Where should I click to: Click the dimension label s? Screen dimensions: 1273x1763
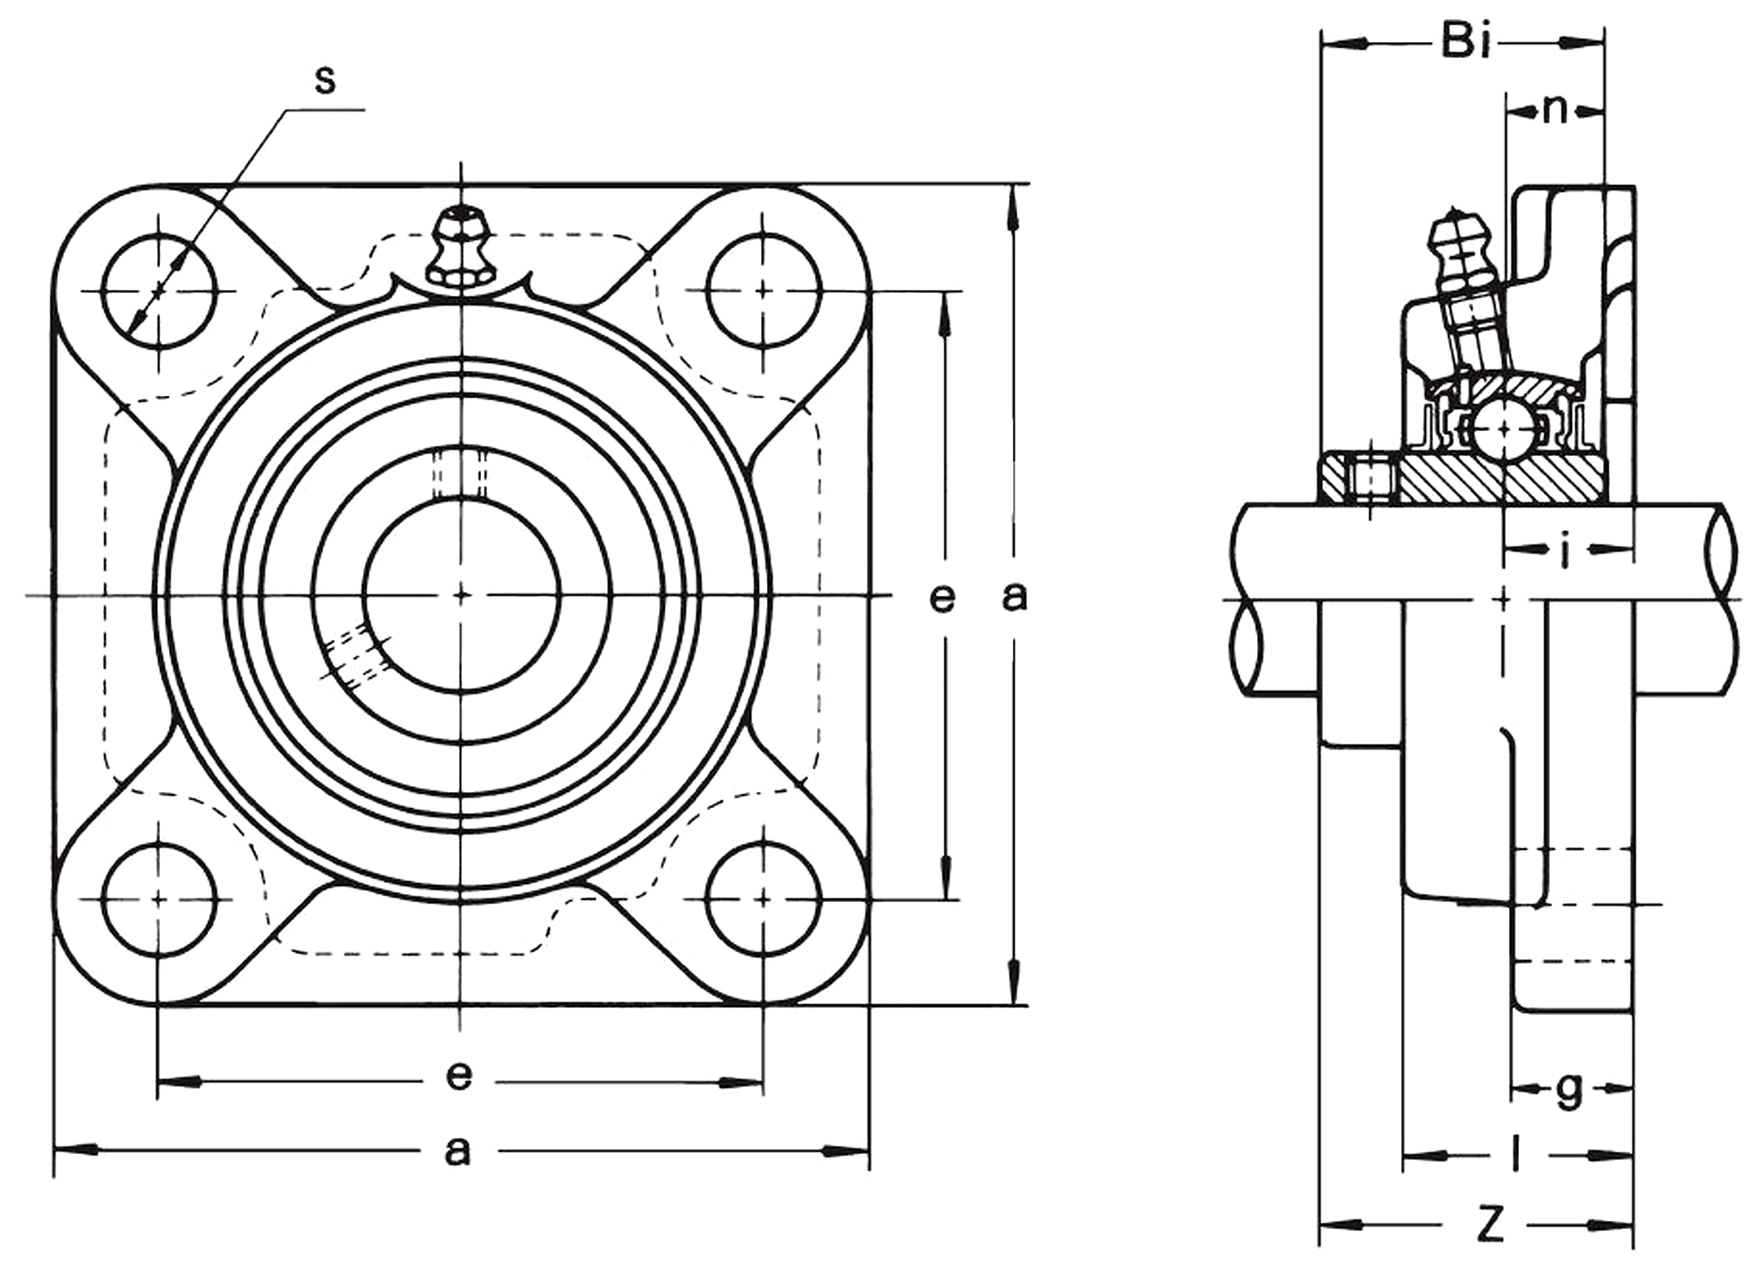coord(325,79)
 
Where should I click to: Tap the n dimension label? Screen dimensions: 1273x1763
coord(1554,110)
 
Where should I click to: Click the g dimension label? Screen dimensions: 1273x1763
coord(1570,1091)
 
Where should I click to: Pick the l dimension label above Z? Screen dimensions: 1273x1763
coord(1515,1175)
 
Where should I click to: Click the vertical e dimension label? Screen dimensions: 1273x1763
coord(942,598)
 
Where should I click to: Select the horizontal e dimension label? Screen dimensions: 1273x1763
coord(458,1075)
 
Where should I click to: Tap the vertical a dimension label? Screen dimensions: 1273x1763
coord(1014,596)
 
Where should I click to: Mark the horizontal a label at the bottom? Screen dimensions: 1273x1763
coord(458,1151)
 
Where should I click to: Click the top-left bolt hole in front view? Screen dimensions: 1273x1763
coord(159,292)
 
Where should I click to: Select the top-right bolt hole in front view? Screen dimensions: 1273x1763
coord(763,292)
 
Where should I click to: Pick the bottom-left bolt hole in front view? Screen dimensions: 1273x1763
coord(159,899)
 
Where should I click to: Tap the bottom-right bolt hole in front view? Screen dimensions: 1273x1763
coord(763,899)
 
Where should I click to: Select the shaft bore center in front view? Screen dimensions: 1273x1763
coord(462,595)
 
